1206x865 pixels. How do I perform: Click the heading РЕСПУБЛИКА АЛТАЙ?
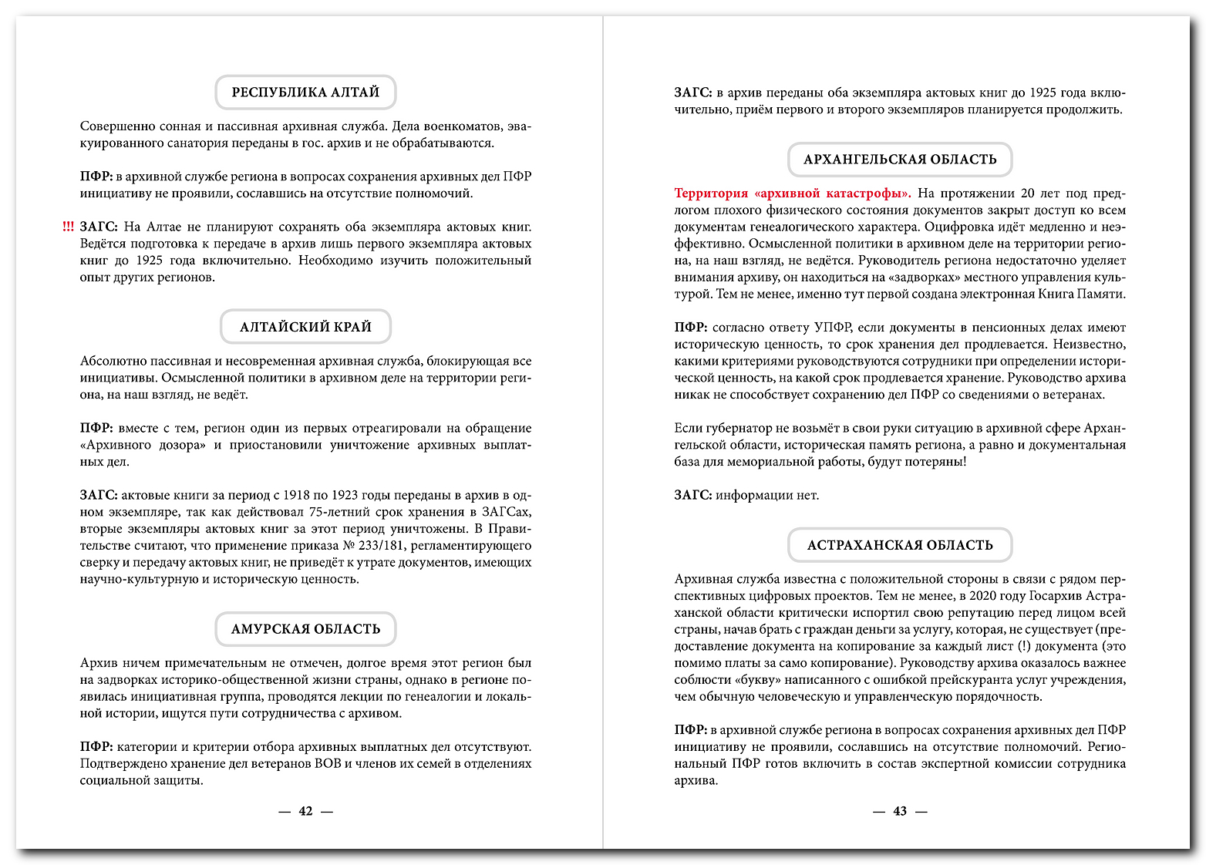click(305, 93)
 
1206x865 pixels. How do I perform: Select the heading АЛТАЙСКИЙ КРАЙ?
click(305, 327)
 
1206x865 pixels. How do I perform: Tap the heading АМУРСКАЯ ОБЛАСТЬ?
click(305, 629)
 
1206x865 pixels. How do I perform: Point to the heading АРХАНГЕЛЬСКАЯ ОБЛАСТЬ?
click(900, 160)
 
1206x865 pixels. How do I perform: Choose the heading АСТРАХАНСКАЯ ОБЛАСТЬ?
click(900, 545)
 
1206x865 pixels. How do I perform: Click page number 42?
click(305, 811)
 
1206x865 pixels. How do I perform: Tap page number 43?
click(900, 811)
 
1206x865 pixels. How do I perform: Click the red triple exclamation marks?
click(69, 227)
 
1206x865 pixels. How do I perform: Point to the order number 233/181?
click(382, 546)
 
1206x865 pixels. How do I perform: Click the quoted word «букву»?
click(761, 680)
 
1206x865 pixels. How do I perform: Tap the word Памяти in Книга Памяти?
click(1101, 295)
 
